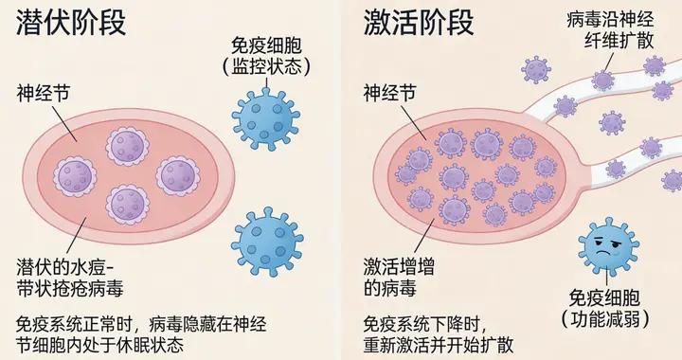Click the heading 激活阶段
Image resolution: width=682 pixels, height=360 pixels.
[417, 23]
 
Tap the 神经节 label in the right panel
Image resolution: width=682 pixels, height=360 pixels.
[389, 93]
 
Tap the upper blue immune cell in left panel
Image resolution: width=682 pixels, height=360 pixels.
[271, 120]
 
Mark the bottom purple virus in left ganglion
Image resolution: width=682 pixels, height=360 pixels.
[127, 203]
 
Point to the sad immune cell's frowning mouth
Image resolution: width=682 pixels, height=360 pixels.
[608, 257]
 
